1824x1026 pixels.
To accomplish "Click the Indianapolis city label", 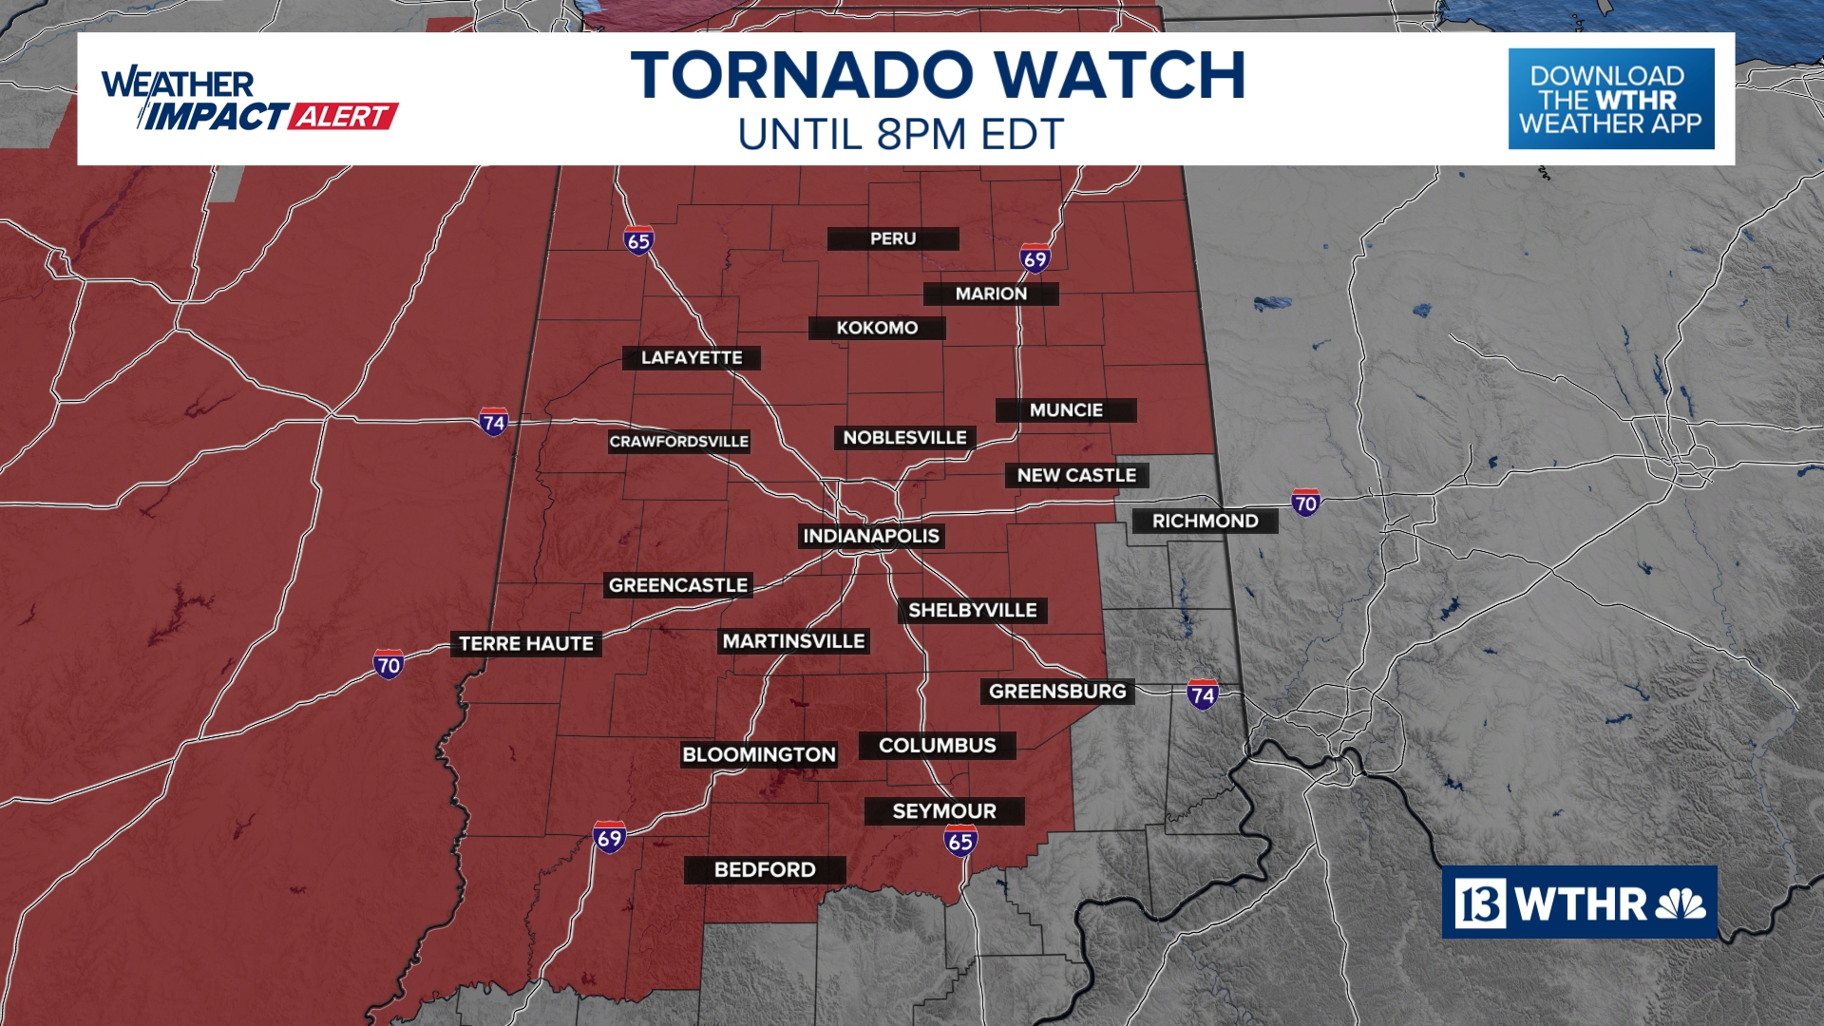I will point(871,537).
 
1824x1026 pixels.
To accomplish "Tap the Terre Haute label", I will point(526,644).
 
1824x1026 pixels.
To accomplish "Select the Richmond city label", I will point(1205,522).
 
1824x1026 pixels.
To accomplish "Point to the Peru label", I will point(893,239).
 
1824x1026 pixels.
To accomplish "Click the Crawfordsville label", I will point(678,442).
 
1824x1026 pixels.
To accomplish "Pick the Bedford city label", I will point(765,870).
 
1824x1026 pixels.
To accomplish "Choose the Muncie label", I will point(1066,410).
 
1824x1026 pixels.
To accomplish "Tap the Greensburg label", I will point(1057,692).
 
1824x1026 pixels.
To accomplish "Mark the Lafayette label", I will point(692,358).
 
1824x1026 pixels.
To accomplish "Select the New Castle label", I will point(1076,476).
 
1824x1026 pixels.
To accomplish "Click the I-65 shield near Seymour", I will point(960,841).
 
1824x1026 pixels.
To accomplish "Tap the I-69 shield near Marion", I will point(1035,258).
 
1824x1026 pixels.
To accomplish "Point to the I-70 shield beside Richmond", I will point(1305,503).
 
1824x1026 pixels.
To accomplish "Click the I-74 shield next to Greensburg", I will point(1203,694).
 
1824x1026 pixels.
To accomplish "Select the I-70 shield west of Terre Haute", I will point(389,664).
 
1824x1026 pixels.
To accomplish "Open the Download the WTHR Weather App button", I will point(1610,99).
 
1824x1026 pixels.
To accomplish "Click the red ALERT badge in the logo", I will point(343,117).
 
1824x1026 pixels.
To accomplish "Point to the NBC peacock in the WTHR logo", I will point(1681,903).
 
